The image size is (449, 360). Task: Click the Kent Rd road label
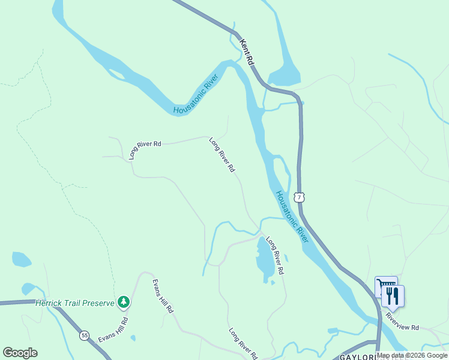(247, 53)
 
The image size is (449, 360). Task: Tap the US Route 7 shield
(299, 197)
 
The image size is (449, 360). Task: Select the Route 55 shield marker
(85, 335)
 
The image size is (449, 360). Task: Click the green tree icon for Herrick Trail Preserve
(124, 302)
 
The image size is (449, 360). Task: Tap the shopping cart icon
(385, 287)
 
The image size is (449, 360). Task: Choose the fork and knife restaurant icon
(393, 295)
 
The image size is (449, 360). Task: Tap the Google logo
(20, 353)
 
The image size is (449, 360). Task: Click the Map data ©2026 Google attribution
(412, 355)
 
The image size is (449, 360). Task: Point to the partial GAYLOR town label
(358, 356)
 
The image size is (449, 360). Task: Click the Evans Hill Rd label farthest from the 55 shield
(162, 296)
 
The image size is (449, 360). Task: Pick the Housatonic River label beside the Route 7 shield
(292, 217)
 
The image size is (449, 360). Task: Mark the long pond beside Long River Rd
(264, 260)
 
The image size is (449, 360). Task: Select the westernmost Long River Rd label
(145, 150)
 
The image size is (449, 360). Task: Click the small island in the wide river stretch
(116, 74)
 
